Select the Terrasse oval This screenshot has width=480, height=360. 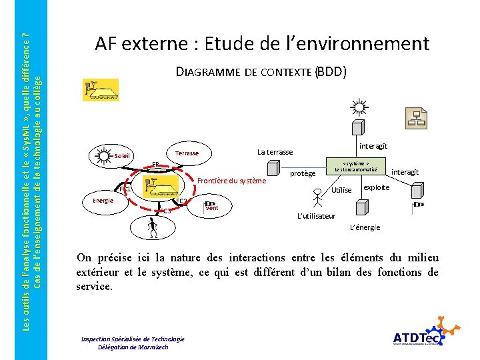click(x=187, y=153)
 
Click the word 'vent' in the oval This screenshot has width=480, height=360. click(x=212, y=208)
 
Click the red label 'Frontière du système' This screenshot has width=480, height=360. click(x=231, y=180)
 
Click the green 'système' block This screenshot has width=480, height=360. click(x=355, y=166)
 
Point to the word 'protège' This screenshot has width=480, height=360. click(x=303, y=173)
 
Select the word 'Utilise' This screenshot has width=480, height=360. click(x=341, y=191)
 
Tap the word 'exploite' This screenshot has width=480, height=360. click(x=377, y=187)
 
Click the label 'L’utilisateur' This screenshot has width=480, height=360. click(x=316, y=216)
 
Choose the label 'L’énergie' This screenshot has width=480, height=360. click(x=365, y=227)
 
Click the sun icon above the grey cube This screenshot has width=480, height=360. click(x=359, y=107)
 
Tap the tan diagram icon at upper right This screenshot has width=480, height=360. click(x=417, y=117)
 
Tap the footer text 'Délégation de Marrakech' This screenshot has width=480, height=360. click(x=133, y=347)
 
